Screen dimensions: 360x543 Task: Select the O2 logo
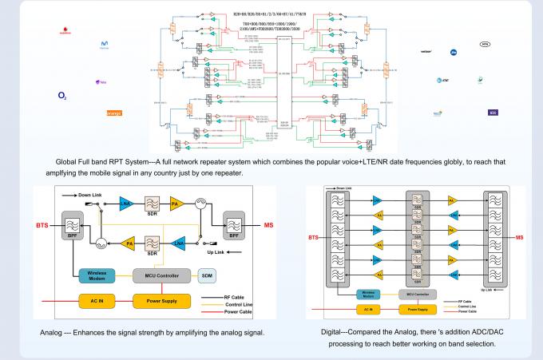pos(61,96)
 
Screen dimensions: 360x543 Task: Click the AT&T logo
pos(444,79)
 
